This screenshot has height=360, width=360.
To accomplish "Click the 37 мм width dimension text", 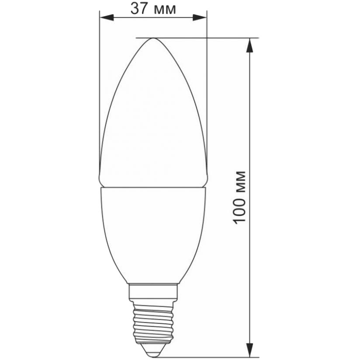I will (x=153, y=9).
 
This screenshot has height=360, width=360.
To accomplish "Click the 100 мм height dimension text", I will (x=239, y=197).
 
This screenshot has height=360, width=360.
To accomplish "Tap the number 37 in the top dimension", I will (x=138, y=9).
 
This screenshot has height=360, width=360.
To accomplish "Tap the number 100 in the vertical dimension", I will (x=239, y=210).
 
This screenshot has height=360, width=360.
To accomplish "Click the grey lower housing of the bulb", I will (x=153, y=232).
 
